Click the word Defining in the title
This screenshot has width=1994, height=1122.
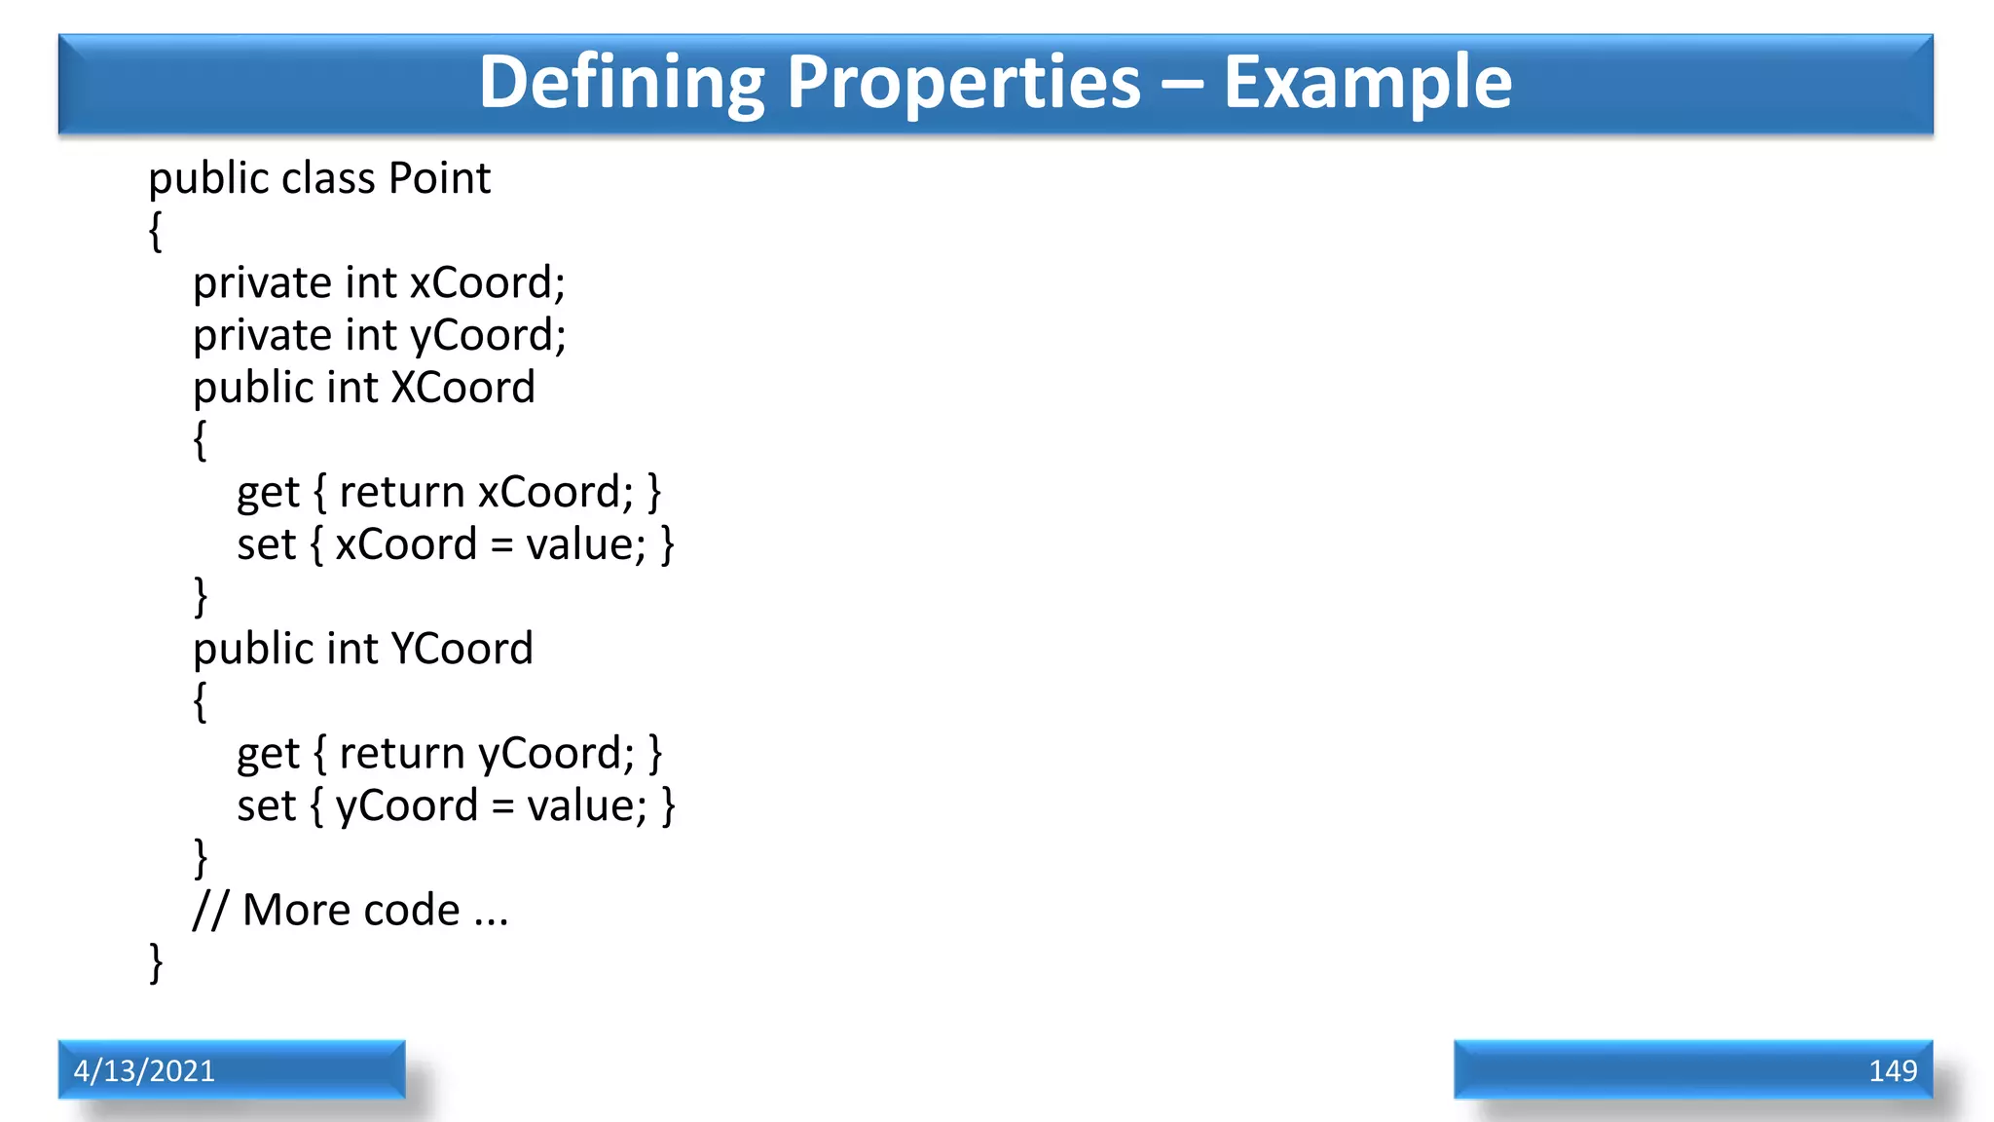(621, 82)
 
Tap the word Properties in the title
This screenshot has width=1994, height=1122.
(963, 82)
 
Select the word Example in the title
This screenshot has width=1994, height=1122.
(1367, 82)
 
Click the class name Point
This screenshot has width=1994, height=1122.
(439, 178)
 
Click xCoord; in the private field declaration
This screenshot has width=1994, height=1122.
(487, 283)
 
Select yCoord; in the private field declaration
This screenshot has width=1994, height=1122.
(487, 336)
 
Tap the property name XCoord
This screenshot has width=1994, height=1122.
(462, 388)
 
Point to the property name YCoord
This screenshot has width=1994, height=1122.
(462, 649)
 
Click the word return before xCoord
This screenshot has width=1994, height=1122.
(401, 493)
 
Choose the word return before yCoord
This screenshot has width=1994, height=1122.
(401, 754)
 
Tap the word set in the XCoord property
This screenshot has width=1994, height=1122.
(266, 544)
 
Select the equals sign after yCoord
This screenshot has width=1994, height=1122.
(502, 806)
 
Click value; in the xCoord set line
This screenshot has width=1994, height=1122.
(585, 544)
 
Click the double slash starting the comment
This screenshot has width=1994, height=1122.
(210, 911)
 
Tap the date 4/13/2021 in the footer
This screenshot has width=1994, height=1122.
(144, 1070)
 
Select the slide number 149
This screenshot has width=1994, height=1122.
(1892, 1070)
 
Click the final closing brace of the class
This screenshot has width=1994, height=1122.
(156, 962)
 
